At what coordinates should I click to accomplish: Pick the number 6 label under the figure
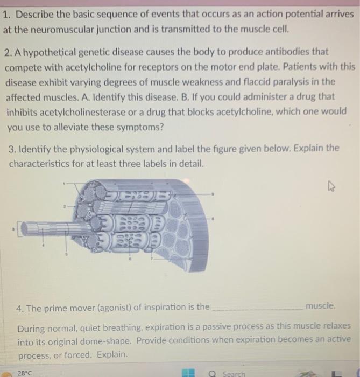click(x=129, y=259)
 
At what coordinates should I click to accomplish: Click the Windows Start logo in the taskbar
click(x=188, y=373)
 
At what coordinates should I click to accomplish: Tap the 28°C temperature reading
click(x=25, y=373)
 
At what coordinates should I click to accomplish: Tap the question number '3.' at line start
click(x=12, y=148)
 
